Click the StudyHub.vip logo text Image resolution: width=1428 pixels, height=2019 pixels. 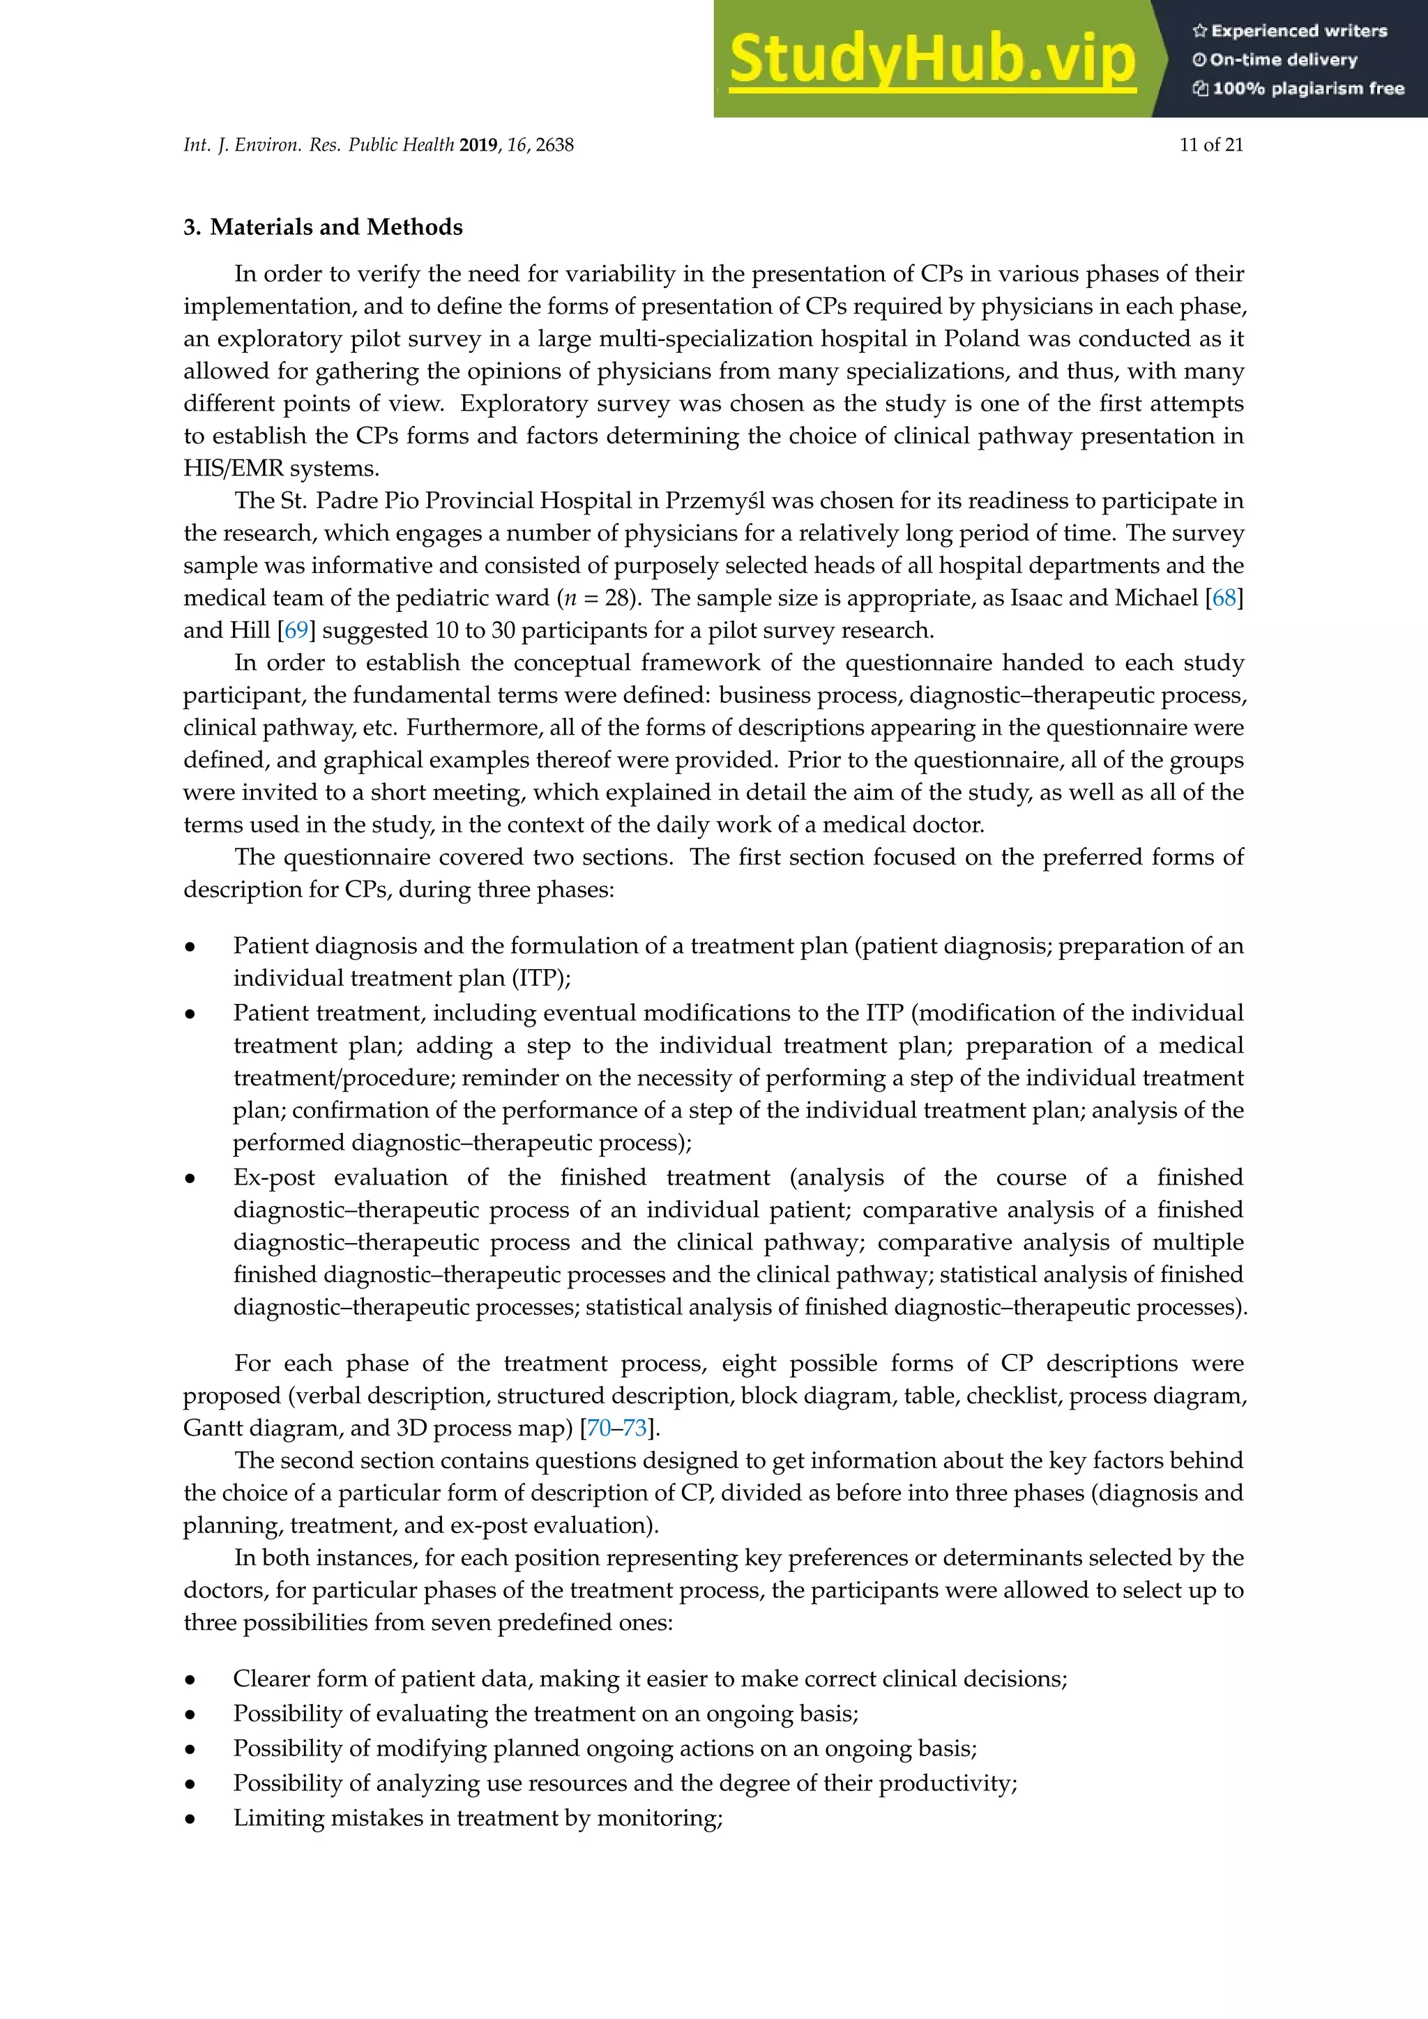point(932,60)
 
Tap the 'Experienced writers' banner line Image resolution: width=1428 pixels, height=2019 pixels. point(1290,31)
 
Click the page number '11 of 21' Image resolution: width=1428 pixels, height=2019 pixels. point(1211,145)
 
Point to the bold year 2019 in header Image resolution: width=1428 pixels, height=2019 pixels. point(478,145)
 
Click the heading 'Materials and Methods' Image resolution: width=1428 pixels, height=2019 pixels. point(336,227)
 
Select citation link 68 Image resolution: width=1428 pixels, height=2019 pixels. point(1224,598)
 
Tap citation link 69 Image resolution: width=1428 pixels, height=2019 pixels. point(296,630)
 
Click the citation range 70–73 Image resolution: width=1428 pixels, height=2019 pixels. point(616,1427)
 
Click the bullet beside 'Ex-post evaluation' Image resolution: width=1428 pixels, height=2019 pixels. point(190,1178)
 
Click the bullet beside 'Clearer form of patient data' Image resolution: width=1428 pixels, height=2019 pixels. point(190,1679)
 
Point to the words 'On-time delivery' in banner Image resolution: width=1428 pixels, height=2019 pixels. point(1283,60)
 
